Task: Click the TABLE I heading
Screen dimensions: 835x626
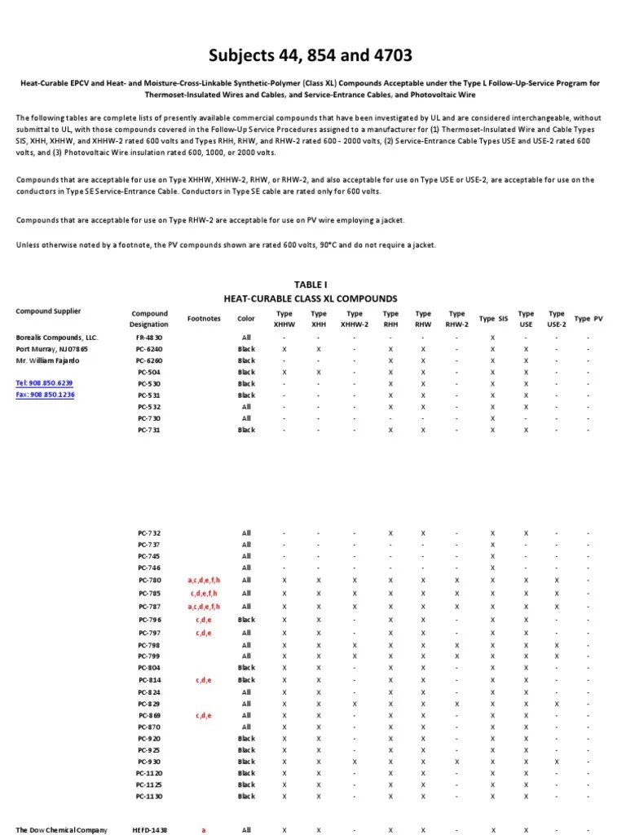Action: [x=310, y=285]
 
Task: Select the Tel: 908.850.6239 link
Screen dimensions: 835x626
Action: [x=44, y=382]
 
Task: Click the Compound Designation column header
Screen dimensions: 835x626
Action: [x=149, y=318]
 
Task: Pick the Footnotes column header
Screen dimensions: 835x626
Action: [x=204, y=319]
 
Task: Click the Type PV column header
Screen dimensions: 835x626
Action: [x=588, y=319]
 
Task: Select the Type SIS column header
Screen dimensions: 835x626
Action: [x=492, y=319]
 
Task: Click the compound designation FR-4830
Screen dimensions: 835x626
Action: [x=149, y=337]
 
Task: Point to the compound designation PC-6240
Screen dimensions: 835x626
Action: [x=149, y=349]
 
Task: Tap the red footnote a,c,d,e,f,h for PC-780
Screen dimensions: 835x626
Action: [x=204, y=580]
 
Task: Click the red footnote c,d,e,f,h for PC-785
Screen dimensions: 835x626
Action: [x=204, y=594]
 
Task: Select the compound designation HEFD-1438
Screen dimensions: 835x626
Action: [x=149, y=830]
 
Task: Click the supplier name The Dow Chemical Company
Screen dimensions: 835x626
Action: [x=61, y=830]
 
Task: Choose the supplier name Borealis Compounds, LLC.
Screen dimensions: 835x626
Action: [x=56, y=337]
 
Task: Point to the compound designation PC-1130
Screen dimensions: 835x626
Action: [x=149, y=796]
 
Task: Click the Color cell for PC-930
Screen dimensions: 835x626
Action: [x=246, y=762]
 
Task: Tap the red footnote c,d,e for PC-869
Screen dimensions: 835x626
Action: [x=204, y=715]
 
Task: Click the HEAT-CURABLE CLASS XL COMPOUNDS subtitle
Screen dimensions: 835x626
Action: [x=310, y=298]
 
